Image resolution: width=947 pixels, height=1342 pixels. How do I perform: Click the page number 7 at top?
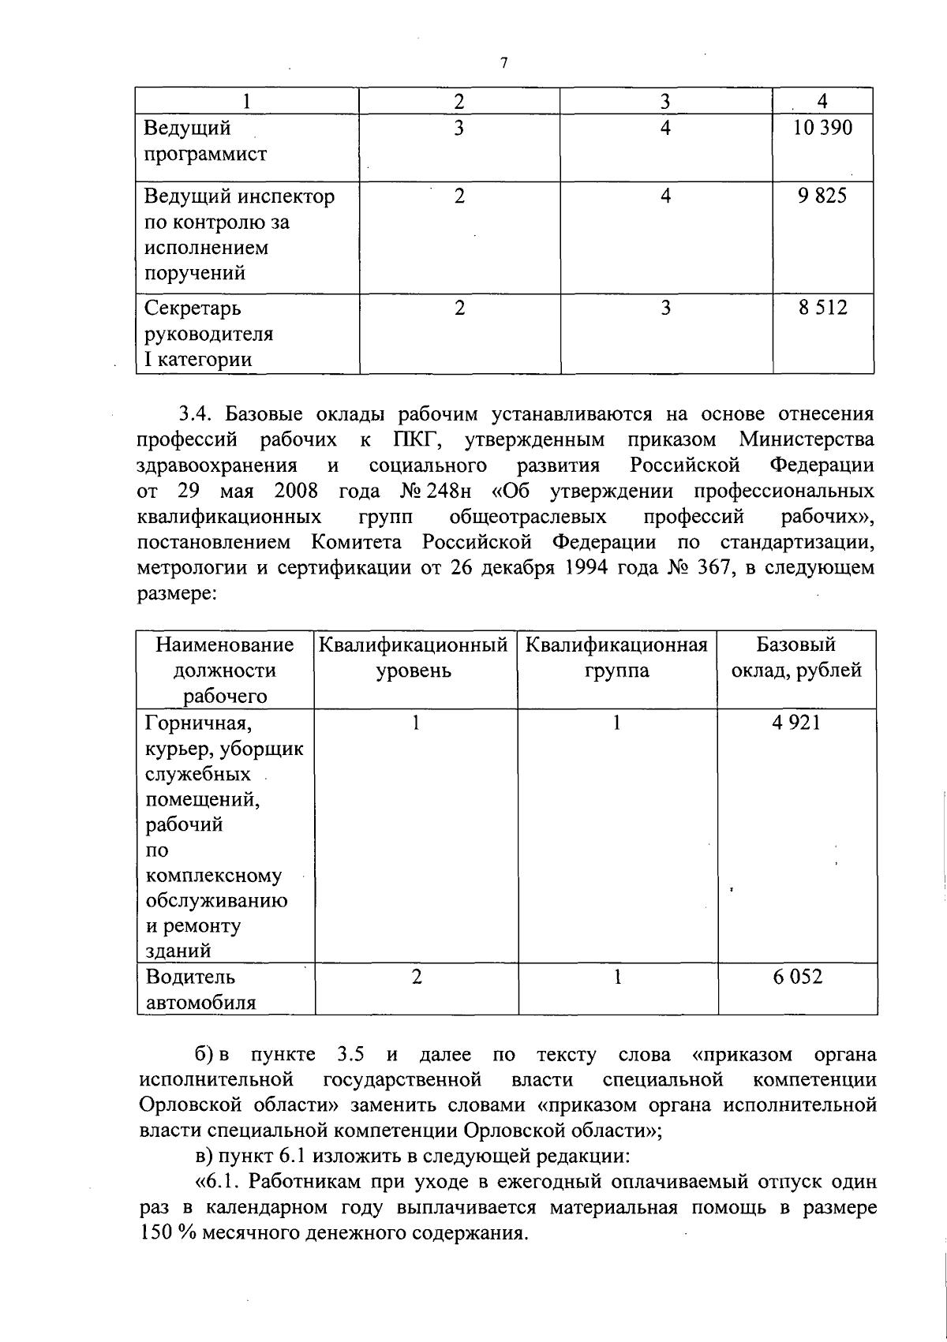503,64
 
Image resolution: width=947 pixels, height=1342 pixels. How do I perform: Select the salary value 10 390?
822,128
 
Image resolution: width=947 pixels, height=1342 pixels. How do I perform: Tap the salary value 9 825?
822,196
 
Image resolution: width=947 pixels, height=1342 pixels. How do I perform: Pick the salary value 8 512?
822,308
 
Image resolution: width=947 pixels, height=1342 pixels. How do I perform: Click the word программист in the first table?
205,154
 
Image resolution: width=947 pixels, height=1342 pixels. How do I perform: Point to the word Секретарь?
193,308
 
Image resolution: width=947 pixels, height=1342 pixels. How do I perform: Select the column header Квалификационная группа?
616,658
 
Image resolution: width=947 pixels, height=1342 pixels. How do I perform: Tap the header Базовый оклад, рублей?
796,658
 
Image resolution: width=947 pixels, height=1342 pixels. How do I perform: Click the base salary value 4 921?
796,722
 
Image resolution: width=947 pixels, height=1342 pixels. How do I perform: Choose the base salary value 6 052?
797,977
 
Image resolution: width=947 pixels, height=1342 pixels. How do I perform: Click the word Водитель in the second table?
190,977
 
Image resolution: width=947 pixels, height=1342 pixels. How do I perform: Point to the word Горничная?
199,722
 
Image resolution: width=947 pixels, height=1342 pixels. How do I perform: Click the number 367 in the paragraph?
713,567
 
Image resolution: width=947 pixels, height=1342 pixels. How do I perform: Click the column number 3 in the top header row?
665,101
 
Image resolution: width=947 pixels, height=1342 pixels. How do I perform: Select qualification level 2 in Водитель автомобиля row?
416,977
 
